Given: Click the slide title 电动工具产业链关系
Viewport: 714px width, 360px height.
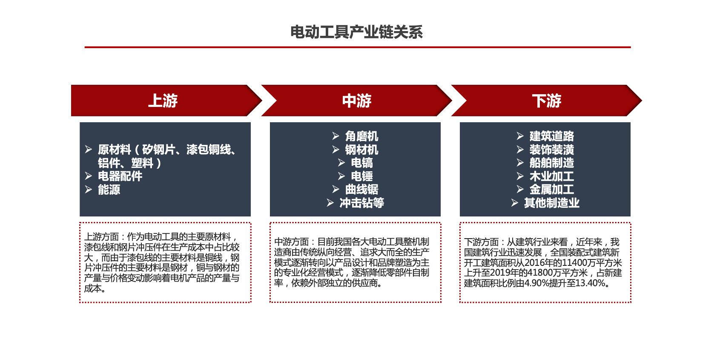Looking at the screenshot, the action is click(356, 32).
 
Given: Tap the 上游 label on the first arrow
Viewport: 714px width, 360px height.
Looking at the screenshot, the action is click(163, 101).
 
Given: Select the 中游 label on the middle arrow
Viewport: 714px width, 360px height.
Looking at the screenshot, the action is click(357, 101).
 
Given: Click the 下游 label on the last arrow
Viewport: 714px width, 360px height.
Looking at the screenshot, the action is click(547, 101).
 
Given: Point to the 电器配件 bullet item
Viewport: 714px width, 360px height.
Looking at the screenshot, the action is click(120, 176).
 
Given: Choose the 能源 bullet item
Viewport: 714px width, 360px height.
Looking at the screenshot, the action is click(109, 190).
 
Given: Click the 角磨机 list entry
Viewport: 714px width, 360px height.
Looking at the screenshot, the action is click(362, 136).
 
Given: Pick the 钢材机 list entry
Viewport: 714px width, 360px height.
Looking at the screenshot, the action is click(362, 150).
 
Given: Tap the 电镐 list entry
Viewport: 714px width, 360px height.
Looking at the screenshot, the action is click(362, 163).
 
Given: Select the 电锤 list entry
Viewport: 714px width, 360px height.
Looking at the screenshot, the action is click(362, 176).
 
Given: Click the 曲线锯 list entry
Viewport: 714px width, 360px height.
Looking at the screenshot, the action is click(362, 190).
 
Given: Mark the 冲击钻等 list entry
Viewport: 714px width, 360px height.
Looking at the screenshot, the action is click(362, 203).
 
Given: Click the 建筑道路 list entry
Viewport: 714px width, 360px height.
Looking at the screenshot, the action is click(552, 136).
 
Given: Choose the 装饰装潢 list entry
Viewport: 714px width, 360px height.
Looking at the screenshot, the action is click(552, 150).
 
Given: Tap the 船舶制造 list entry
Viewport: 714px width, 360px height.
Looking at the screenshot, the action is click(552, 163).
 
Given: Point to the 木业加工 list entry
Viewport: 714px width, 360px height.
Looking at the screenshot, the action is click(552, 176).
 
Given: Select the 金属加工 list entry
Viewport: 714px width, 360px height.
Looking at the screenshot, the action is click(552, 190).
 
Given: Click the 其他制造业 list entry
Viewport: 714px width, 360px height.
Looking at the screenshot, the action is click(552, 203).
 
